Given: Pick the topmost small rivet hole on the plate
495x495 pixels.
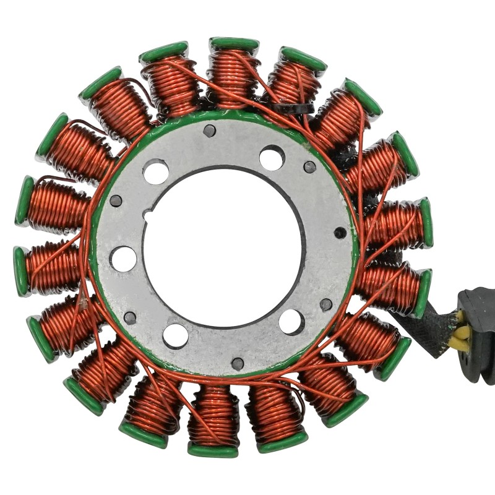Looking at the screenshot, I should pos(210,131).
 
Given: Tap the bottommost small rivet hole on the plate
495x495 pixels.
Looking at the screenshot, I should pos(238,364).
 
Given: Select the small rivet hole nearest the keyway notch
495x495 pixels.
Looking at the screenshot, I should pos(116,200).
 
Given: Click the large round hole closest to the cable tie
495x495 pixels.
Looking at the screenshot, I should pos(272,158).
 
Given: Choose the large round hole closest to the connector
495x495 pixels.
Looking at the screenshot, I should pos(291,322).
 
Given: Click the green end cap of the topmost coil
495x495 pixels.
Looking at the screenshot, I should pos(234,44).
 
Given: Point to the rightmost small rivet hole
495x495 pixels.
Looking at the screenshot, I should pos(340,233).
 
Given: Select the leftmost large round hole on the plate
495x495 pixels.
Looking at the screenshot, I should pos(124,258).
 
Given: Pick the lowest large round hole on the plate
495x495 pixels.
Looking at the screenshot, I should pos(176,335).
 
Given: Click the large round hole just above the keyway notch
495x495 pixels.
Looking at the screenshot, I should pos(156,171).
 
